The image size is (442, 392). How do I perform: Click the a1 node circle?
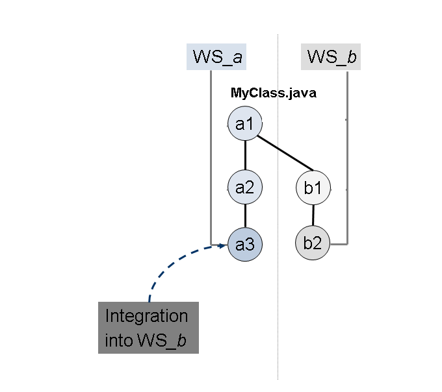pyautogui.click(x=244, y=124)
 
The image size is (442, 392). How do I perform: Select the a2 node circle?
pyautogui.click(x=244, y=188)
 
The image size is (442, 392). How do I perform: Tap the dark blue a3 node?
pyautogui.click(x=244, y=245)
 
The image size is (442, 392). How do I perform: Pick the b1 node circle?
pyautogui.click(x=313, y=189)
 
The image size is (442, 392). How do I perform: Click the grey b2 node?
pyautogui.click(x=313, y=244)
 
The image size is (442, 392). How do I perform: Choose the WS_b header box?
pyautogui.click(x=331, y=57)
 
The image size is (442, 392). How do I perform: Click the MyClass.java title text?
pyautogui.click(x=273, y=93)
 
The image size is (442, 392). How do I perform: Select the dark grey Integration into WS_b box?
pyautogui.click(x=148, y=328)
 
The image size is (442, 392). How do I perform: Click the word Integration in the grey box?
pyautogui.click(x=147, y=317)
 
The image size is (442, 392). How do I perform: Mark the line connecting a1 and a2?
pyautogui.click(x=244, y=156)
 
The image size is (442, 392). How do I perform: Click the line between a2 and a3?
pyautogui.click(x=244, y=217)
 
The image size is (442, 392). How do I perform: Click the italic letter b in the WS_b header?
pyautogui.click(x=352, y=57)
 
